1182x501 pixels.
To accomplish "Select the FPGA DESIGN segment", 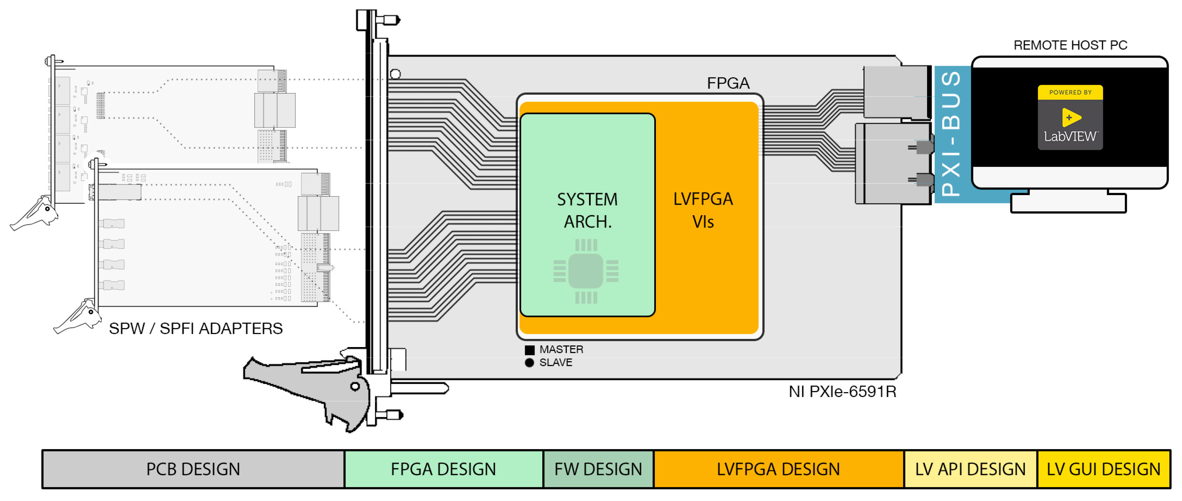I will pos(443,469).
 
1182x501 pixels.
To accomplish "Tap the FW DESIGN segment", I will pos(598,469).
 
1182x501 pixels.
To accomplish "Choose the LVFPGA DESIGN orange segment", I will pos(778,469).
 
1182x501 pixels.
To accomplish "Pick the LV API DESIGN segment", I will pos(970,469).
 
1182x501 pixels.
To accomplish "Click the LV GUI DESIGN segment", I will pos(1103,469).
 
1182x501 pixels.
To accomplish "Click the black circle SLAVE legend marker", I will pos(529,363).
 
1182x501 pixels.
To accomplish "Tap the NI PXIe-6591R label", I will pos(842,392).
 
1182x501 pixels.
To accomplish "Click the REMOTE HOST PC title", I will pos(1070,45).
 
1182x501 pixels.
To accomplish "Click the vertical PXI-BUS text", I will pos(952,134).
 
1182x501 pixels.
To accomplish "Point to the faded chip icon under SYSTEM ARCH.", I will pos(586,271).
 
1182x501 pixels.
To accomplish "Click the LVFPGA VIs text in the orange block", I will pos(703,210).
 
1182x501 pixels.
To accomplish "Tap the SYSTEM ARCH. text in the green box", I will pos(587,210).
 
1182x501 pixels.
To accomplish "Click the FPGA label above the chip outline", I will pos(728,83).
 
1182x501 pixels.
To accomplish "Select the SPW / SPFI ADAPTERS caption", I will pos(196,329).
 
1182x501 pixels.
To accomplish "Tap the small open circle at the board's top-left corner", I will pos(395,74).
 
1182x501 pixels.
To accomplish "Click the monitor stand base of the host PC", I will pos(1068,204).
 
